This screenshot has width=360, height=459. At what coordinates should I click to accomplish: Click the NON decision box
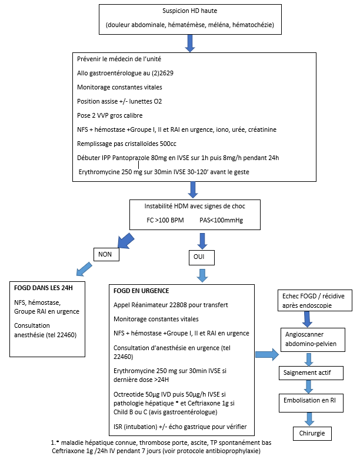(106, 254)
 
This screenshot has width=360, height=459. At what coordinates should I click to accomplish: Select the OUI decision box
(202, 258)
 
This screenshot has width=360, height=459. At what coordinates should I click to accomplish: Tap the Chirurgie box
(312, 434)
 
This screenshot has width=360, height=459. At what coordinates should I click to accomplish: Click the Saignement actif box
(311, 373)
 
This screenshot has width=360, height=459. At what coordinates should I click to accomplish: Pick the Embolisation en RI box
(311, 403)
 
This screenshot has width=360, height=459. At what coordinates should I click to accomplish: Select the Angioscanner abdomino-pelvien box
(312, 340)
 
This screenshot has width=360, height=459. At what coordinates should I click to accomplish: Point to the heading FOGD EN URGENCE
(141, 291)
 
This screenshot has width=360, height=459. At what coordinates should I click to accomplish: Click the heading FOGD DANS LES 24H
(44, 288)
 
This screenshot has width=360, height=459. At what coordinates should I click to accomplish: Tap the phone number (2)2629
(162, 73)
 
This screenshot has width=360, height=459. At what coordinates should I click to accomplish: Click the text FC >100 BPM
(165, 221)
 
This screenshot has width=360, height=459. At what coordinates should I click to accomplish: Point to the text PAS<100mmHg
(221, 221)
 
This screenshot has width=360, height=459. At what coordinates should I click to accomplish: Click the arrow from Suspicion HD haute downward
(190, 44)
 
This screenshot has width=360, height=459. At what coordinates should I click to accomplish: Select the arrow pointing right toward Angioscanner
(267, 354)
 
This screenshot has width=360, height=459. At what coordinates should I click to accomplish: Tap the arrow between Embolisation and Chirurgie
(309, 419)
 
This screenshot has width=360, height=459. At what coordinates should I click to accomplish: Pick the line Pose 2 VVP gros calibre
(110, 115)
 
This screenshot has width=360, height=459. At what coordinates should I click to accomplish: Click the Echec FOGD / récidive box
(315, 300)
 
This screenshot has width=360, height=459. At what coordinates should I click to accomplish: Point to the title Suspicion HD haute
(190, 11)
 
